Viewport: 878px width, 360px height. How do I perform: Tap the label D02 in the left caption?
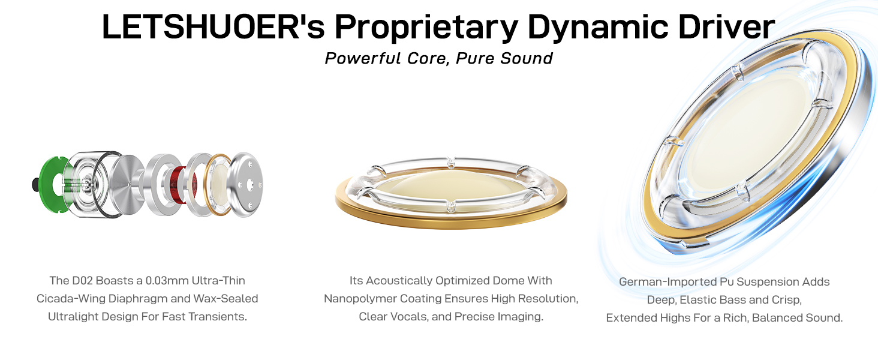85,280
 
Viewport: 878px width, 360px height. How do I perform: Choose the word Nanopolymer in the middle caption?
360,298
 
